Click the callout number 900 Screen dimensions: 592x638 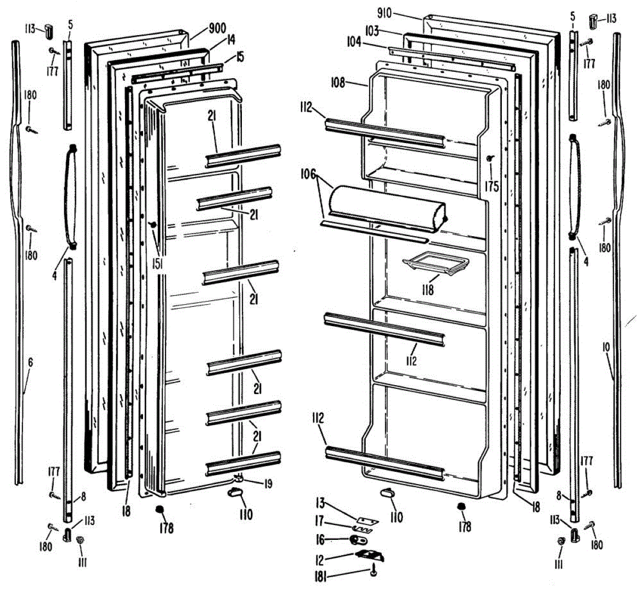[217, 28]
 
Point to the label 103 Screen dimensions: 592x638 [372, 31]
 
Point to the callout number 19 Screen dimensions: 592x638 [268, 484]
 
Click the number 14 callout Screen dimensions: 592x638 [230, 40]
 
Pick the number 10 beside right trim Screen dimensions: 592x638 [606, 347]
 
